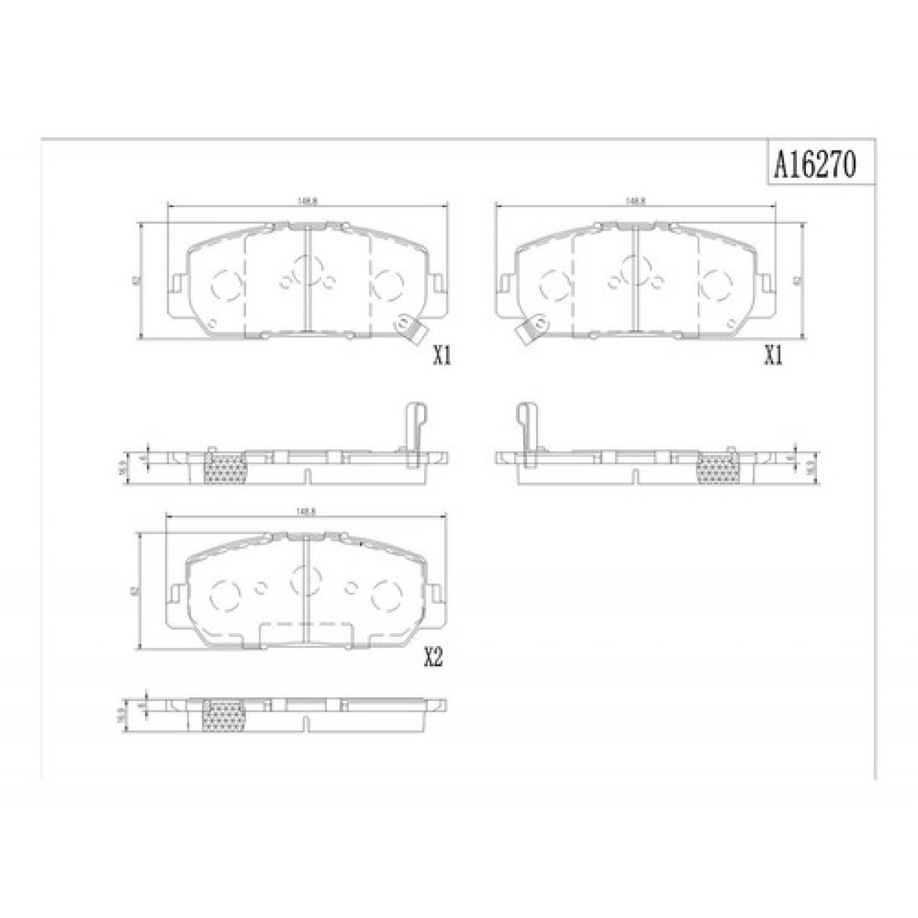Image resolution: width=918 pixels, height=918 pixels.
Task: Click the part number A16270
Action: click(x=815, y=166)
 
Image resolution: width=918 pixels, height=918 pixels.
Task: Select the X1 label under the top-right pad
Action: click(x=773, y=357)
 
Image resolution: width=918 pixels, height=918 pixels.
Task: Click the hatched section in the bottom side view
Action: click(x=224, y=715)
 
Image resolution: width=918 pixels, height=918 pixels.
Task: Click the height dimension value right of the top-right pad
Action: click(x=812, y=281)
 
